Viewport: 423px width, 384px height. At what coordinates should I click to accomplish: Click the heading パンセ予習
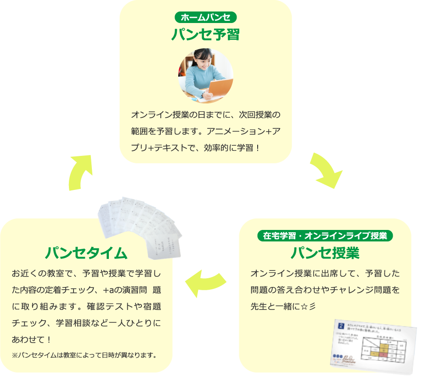(x=205, y=34)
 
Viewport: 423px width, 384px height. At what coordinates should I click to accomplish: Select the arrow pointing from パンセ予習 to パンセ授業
(x=325, y=170)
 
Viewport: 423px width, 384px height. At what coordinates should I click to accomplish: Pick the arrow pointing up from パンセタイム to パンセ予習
(x=82, y=172)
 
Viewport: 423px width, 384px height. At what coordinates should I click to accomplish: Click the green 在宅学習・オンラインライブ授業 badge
(x=325, y=236)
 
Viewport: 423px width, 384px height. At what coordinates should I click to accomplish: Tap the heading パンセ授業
(x=325, y=253)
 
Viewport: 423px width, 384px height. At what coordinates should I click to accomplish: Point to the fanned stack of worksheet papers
(x=140, y=223)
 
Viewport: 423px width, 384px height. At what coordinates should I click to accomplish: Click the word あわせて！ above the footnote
(x=31, y=340)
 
